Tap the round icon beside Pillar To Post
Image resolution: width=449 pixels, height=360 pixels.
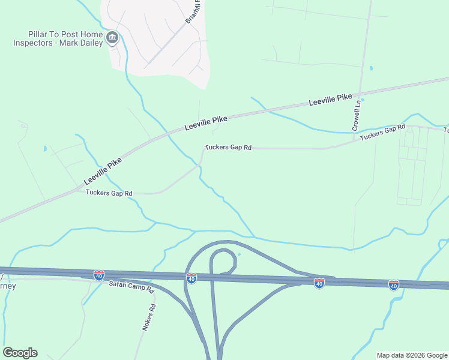[112, 39]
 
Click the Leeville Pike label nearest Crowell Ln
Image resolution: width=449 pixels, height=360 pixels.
[330, 100]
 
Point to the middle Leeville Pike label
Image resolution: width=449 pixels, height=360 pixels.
[206, 122]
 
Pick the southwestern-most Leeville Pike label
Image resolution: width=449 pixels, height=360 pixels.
[103, 172]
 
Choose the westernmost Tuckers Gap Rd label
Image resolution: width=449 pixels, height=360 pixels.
[109, 193]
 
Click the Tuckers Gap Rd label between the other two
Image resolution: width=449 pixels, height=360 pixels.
[228, 147]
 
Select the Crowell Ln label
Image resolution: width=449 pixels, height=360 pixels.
[356, 115]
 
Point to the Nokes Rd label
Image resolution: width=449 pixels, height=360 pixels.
[149, 317]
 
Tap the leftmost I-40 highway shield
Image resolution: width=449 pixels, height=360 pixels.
[99, 275]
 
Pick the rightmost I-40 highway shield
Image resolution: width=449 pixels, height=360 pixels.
[393, 284]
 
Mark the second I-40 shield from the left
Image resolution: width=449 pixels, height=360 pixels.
[191, 278]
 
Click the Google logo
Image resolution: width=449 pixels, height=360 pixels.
[20, 353]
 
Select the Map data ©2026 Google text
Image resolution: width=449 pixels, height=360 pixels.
[412, 355]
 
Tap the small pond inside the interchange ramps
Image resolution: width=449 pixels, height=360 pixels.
[239, 254]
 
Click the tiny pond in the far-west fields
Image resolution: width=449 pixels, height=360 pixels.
[45, 148]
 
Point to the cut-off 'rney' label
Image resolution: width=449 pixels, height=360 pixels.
[8, 286]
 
